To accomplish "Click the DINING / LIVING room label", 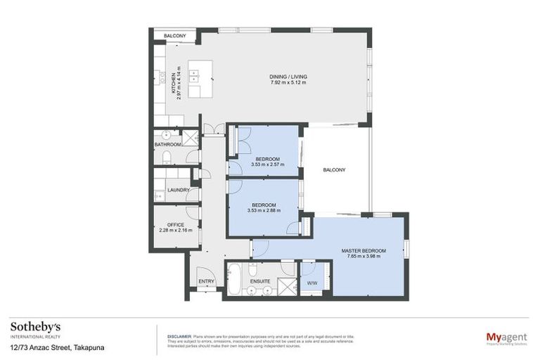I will click(x=288, y=77).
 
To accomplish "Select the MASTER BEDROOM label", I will click(x=364, y=250).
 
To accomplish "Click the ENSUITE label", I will click(x=260, y=282).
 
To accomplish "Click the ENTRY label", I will click(x=206, y=282).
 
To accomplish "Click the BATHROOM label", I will click(x=168, y=144).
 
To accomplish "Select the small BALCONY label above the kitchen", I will click(x=174, y=36).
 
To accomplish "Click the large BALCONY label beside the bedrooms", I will click(x=334, y=170).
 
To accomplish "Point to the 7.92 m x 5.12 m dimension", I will click(x=288, y=83).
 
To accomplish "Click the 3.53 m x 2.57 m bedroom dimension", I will click(x=267, y=165).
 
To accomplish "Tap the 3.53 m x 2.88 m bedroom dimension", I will click(x=264, y=210).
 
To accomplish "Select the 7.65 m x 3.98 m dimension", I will click(x=364, y=257).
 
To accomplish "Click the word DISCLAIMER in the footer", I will click(x=179, y=336).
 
